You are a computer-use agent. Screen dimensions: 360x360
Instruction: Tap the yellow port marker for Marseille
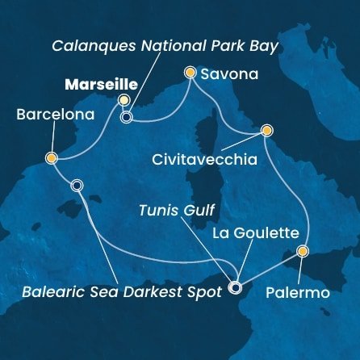[123, 100]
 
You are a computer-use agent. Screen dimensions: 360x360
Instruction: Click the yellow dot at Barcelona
[51, 158]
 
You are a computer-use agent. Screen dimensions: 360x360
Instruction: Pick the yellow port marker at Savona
[190, 73]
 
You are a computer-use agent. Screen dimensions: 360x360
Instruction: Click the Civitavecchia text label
[204, 160]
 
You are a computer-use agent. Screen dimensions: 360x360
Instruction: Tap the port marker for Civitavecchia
[266, 130]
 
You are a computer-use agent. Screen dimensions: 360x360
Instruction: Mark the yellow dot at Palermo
[302, 252]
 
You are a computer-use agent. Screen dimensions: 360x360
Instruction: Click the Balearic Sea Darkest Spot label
[123, 291]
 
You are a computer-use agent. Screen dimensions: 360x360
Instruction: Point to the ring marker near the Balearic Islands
[77, 185]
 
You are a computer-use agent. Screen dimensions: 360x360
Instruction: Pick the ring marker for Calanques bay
[126, 117]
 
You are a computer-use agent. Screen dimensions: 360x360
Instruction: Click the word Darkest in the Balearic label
[159, 291]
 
